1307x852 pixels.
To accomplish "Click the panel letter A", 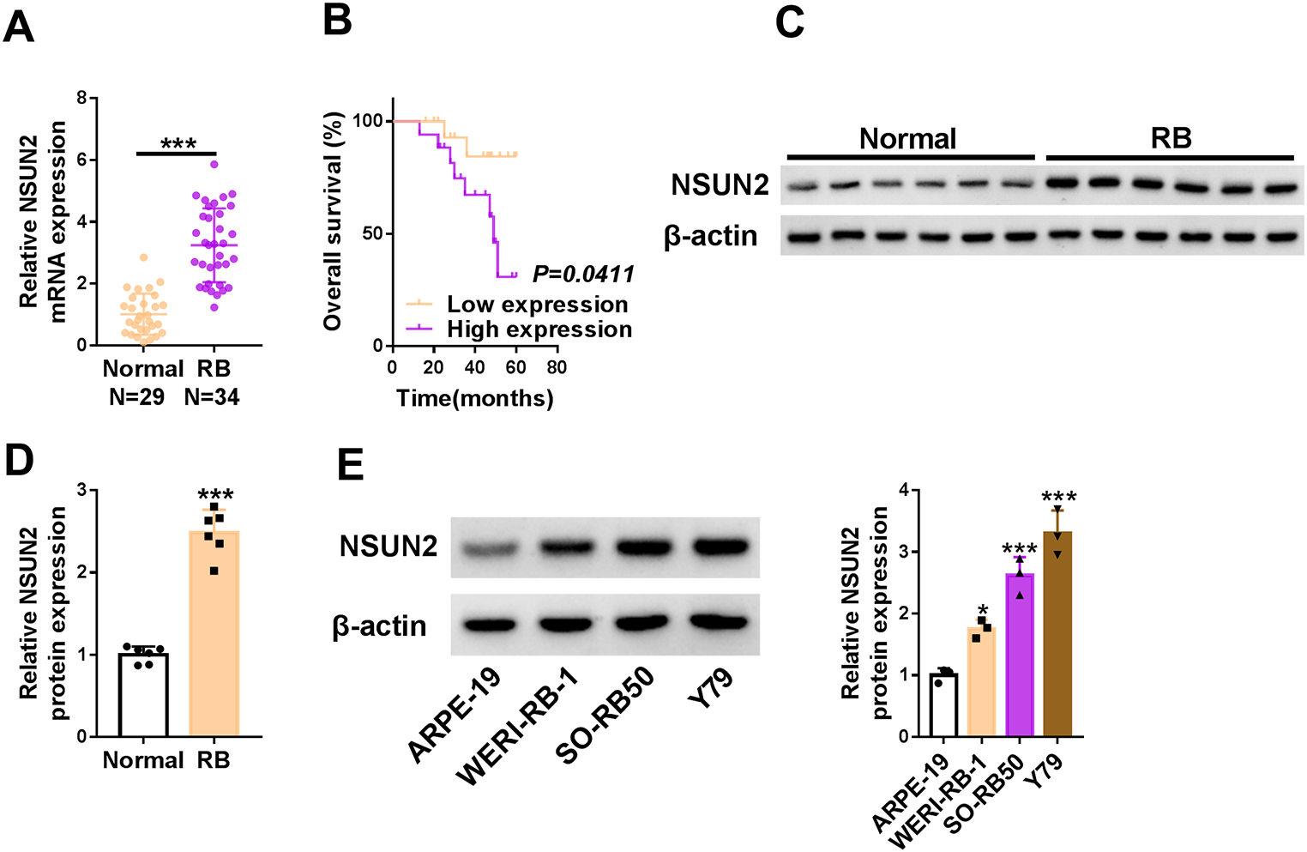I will pos(19,25).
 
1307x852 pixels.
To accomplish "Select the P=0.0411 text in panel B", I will pos(583,274).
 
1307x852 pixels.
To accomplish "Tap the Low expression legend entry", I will pos(537,305).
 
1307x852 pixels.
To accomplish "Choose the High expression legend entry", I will pos(539,329).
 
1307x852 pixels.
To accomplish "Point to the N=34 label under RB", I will pos(212,396).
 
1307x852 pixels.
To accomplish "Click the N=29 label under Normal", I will pos(137,396).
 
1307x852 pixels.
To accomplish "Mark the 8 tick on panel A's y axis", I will pos(81,98).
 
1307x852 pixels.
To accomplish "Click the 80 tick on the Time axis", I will pos(557,367).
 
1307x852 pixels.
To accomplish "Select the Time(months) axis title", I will pos(474,398).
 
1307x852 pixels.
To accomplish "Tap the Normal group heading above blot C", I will pos(907,139).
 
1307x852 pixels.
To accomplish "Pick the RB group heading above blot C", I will pos(1171,138).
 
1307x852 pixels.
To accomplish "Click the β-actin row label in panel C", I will pos(711,236).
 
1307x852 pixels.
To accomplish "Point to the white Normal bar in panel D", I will pos(143,695).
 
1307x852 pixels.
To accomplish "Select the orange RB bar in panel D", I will pos(214,635).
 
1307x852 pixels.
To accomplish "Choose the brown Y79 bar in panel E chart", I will pos(1057,635).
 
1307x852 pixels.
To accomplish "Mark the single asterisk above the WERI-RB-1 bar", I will pos(983,610).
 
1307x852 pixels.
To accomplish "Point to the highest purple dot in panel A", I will pos(214,164).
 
